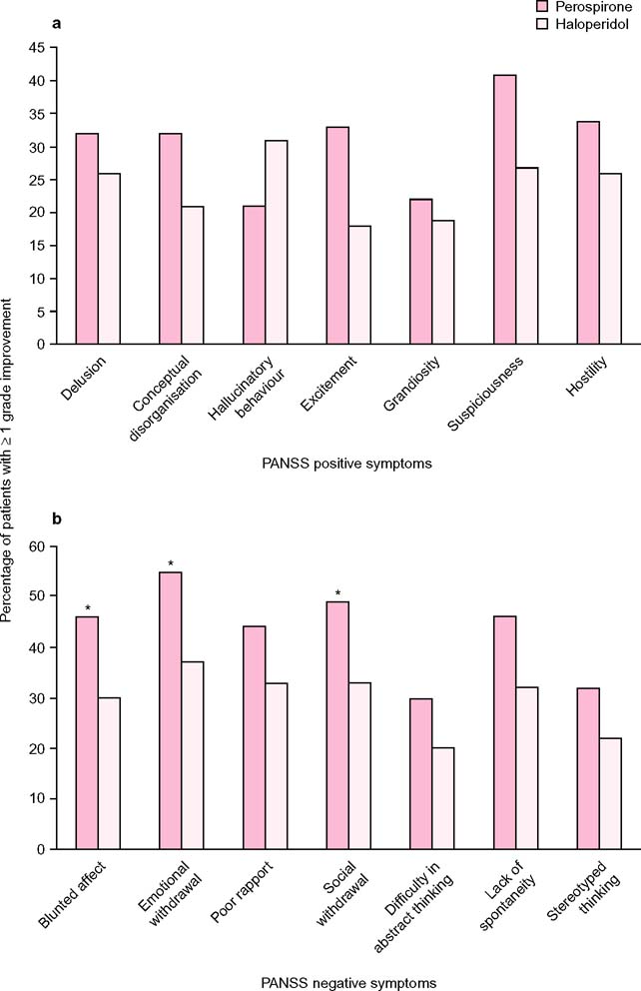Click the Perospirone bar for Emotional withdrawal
[x=170, y=710]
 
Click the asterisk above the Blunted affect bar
[x=88, y=608]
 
